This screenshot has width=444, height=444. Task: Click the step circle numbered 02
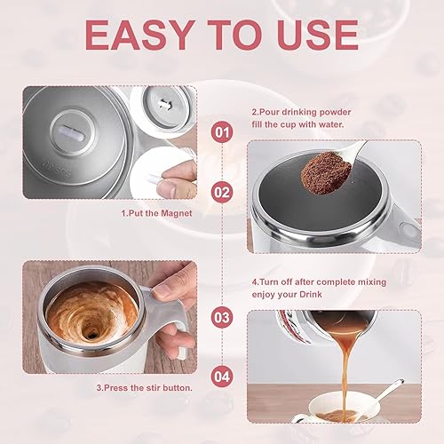pos(223,191)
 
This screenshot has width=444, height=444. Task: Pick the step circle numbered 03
pos(223,316)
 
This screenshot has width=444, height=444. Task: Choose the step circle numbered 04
pos(223,376)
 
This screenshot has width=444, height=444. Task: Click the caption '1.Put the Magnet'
pos(154,214)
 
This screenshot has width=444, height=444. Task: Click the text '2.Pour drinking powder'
pos(303,113)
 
